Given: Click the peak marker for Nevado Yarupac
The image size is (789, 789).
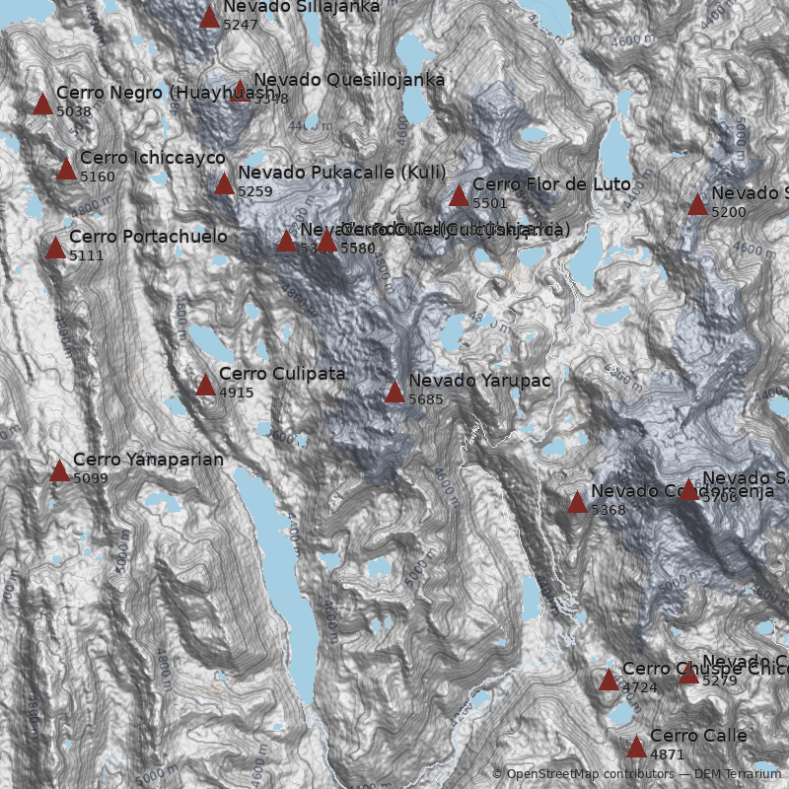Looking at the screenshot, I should coord(394,392).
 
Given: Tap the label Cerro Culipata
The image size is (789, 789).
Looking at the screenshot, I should coord(282,374).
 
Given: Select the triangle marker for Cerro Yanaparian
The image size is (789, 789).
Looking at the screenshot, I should coord(59,470).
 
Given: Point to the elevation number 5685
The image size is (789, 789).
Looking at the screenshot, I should coord(426,399).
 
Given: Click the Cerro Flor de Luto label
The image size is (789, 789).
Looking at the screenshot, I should coord(551,184).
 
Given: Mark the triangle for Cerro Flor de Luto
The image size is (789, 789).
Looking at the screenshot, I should coord(459,195).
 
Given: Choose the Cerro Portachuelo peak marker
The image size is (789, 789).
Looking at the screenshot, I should coord(55,248).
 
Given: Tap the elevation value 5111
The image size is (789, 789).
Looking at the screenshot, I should coord(87,255).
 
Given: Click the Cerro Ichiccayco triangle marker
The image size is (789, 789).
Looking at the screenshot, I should coord(66,169).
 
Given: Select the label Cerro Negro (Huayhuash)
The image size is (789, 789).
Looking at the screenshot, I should coord(169,93).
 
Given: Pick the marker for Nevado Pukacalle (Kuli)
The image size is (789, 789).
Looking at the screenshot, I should coord(224,183).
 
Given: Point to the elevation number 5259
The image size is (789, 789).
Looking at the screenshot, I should coord(255,191).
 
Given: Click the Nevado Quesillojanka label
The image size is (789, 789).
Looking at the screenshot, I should coord(349,80).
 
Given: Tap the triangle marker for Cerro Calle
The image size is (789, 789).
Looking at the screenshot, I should coord(636,747).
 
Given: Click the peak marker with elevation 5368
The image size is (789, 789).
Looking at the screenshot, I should coord(577,502).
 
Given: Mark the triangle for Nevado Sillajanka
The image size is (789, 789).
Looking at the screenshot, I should coord(209,16).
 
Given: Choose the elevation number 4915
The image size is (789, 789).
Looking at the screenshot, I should coord(237,393).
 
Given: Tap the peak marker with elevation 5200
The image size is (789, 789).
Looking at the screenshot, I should coord(697,204).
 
